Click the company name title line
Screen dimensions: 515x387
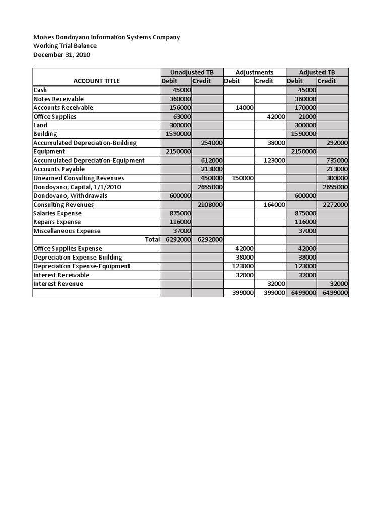click(106, 37)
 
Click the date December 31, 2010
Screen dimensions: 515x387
click(61, 55)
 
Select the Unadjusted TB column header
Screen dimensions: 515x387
click(191, 72)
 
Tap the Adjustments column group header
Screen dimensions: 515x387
click(254, 72)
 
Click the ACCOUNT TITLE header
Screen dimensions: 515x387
click(96, 81)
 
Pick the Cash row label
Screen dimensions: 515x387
click(40, 90)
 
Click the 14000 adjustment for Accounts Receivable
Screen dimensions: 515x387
click(244, 108)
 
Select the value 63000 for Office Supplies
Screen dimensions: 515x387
click(181, 117)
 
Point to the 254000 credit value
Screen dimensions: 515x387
click(212, 143)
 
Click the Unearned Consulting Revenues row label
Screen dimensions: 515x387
click(79, 178)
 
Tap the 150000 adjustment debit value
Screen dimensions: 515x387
click(243, 178)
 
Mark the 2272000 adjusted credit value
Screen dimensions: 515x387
click(335, 205)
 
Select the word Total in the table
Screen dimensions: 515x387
click(152, 240)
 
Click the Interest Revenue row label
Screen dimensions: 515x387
click(58, 284)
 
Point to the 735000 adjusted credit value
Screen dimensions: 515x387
click(337, 160)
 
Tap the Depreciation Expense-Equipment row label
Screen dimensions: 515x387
click(82, 266)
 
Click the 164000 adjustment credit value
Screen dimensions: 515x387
click(274, 205)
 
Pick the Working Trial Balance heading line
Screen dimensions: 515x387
click(65, 46)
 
